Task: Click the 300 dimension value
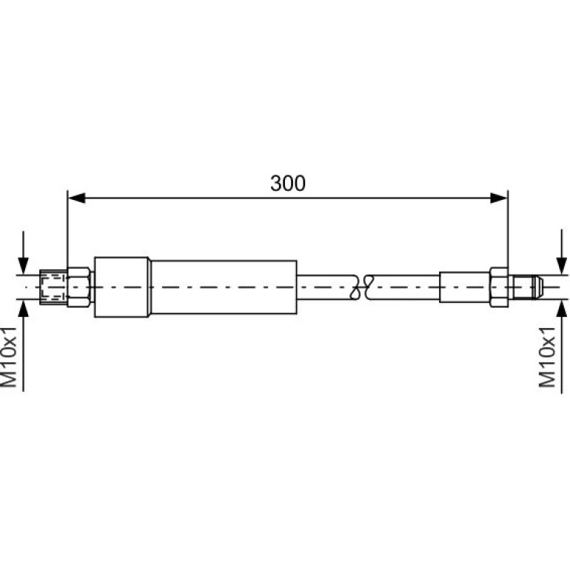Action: [287, 184]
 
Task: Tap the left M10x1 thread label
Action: [9, 357]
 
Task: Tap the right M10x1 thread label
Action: [547, 357]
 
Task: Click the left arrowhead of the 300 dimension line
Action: [77, 198]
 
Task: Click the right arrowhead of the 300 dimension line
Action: [499, 198]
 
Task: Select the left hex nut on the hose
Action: [79, 287]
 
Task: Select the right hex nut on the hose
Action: [499, 287]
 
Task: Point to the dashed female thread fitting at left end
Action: [53, 287]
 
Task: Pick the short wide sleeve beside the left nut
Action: [121, 287]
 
